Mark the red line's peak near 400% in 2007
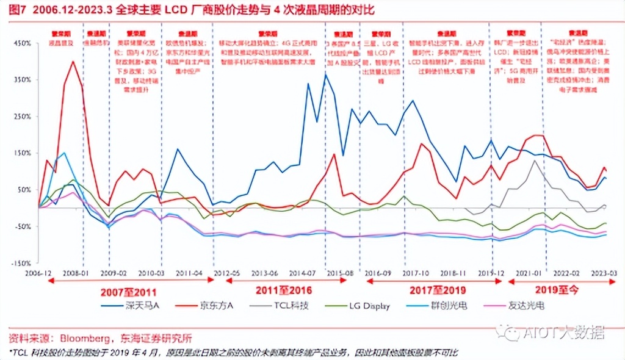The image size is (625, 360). coord(73,61)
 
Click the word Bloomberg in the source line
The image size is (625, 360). coord(83,337)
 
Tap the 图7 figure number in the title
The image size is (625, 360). coord(13,10)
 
